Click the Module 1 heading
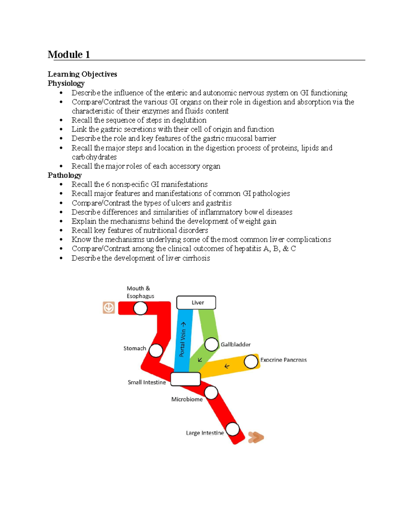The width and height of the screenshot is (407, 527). coord(69,55)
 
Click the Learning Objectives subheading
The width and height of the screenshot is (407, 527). coord(82,74)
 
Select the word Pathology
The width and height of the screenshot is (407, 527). coord(65,175)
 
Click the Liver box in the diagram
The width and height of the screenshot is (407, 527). coord(196,302)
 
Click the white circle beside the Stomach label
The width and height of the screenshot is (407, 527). coord(156,351)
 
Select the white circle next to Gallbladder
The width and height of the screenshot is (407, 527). coord(211,344)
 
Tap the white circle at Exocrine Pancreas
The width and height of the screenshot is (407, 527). coord(251,362)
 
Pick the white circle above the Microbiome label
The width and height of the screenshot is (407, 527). coord(211,393)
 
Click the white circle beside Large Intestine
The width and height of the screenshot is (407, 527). coord(233,429)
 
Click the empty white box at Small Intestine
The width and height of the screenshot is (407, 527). coord(186,379)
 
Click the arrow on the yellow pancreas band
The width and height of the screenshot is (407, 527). coord(227,366)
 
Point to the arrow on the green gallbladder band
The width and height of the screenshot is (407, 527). coord(200,359)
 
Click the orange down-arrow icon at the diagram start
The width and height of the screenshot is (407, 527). coord(109,307)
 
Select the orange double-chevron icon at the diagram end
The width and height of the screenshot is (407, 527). coord(256,437)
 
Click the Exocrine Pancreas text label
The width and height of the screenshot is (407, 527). coord(283,360)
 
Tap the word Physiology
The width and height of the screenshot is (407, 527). coord(66,83)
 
